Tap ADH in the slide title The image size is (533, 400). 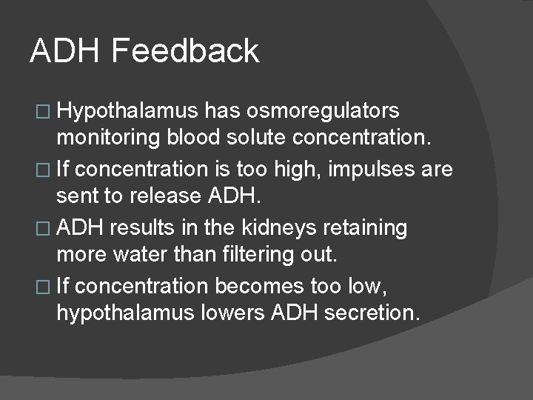tap(64, 51)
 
